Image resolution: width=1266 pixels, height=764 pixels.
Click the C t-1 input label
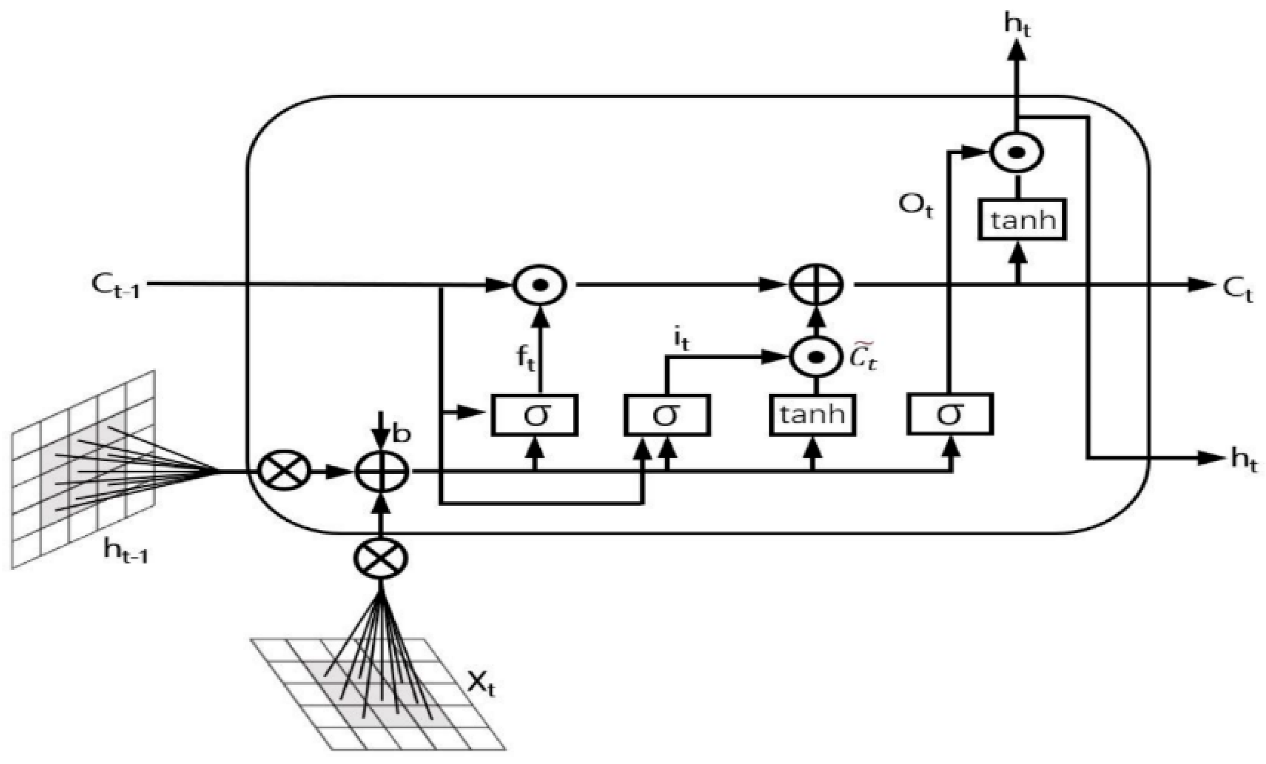(116, 286)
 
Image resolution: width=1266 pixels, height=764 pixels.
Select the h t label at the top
(1018, 26)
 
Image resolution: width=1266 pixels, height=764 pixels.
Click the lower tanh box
(812, 414)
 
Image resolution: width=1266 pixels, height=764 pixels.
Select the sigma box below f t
(534, 415)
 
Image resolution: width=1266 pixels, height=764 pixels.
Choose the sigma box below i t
(667, 415)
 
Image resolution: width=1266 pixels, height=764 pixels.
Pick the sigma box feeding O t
(950, 414)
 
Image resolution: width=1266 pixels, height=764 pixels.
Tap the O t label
(915, 206)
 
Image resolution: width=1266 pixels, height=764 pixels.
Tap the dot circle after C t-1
(539, 285)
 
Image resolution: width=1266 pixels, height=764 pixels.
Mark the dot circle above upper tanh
(1017, 152)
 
